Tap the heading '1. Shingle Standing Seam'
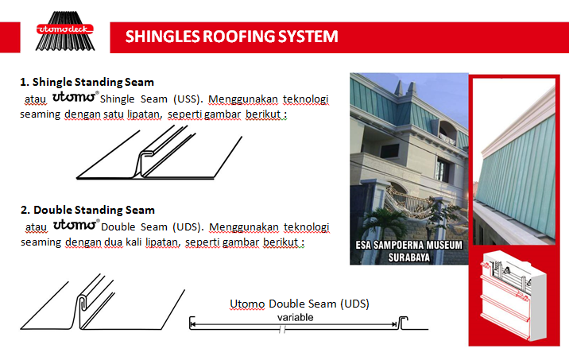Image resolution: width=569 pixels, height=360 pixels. (87, 82)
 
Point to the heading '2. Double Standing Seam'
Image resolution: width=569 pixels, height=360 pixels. (87, 210)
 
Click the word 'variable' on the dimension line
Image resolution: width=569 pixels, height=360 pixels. (296, 317)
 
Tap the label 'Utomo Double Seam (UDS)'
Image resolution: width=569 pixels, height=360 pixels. (300, 304)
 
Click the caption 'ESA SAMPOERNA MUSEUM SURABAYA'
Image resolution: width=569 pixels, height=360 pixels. (407, 252)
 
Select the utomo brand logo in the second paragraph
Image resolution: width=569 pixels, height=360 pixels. (75, 225)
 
